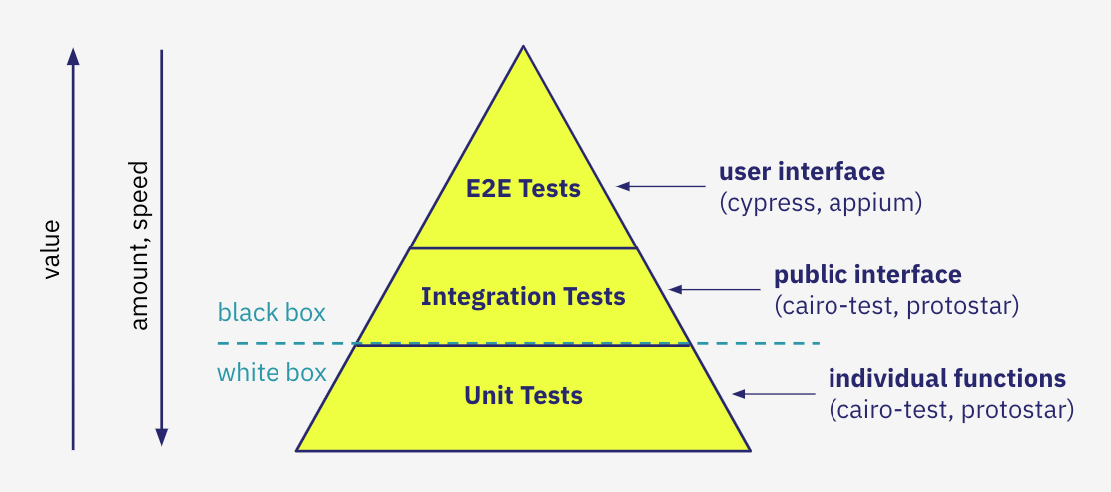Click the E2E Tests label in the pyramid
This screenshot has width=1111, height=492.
[x=523, y=188]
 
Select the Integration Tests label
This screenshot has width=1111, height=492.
[x=523, y=296]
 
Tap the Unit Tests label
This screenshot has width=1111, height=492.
[x=523, y=395]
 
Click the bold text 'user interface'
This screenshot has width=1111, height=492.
[x=802, y=172]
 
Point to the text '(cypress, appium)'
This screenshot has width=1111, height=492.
[x=820, y=203]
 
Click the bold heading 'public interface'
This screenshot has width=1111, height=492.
[x=867, y=274]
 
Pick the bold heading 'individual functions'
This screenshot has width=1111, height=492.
[x=946, y=379]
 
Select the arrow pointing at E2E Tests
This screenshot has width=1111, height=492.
[x=660, y=186]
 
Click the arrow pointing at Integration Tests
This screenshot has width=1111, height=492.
[x=714, y=290]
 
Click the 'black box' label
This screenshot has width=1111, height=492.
[x=272, y=313]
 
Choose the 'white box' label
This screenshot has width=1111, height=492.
[x=272, y=373]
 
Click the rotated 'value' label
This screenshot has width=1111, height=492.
[x=52, y=249]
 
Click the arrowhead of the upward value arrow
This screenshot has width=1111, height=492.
[x=73, y=57]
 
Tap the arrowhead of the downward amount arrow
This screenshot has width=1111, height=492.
[x=161, y=437]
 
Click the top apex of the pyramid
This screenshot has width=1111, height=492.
[x=523, y=47]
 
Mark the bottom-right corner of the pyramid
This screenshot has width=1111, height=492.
[x=749, y=450]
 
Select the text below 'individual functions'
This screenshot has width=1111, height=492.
[x=950, y=409]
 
